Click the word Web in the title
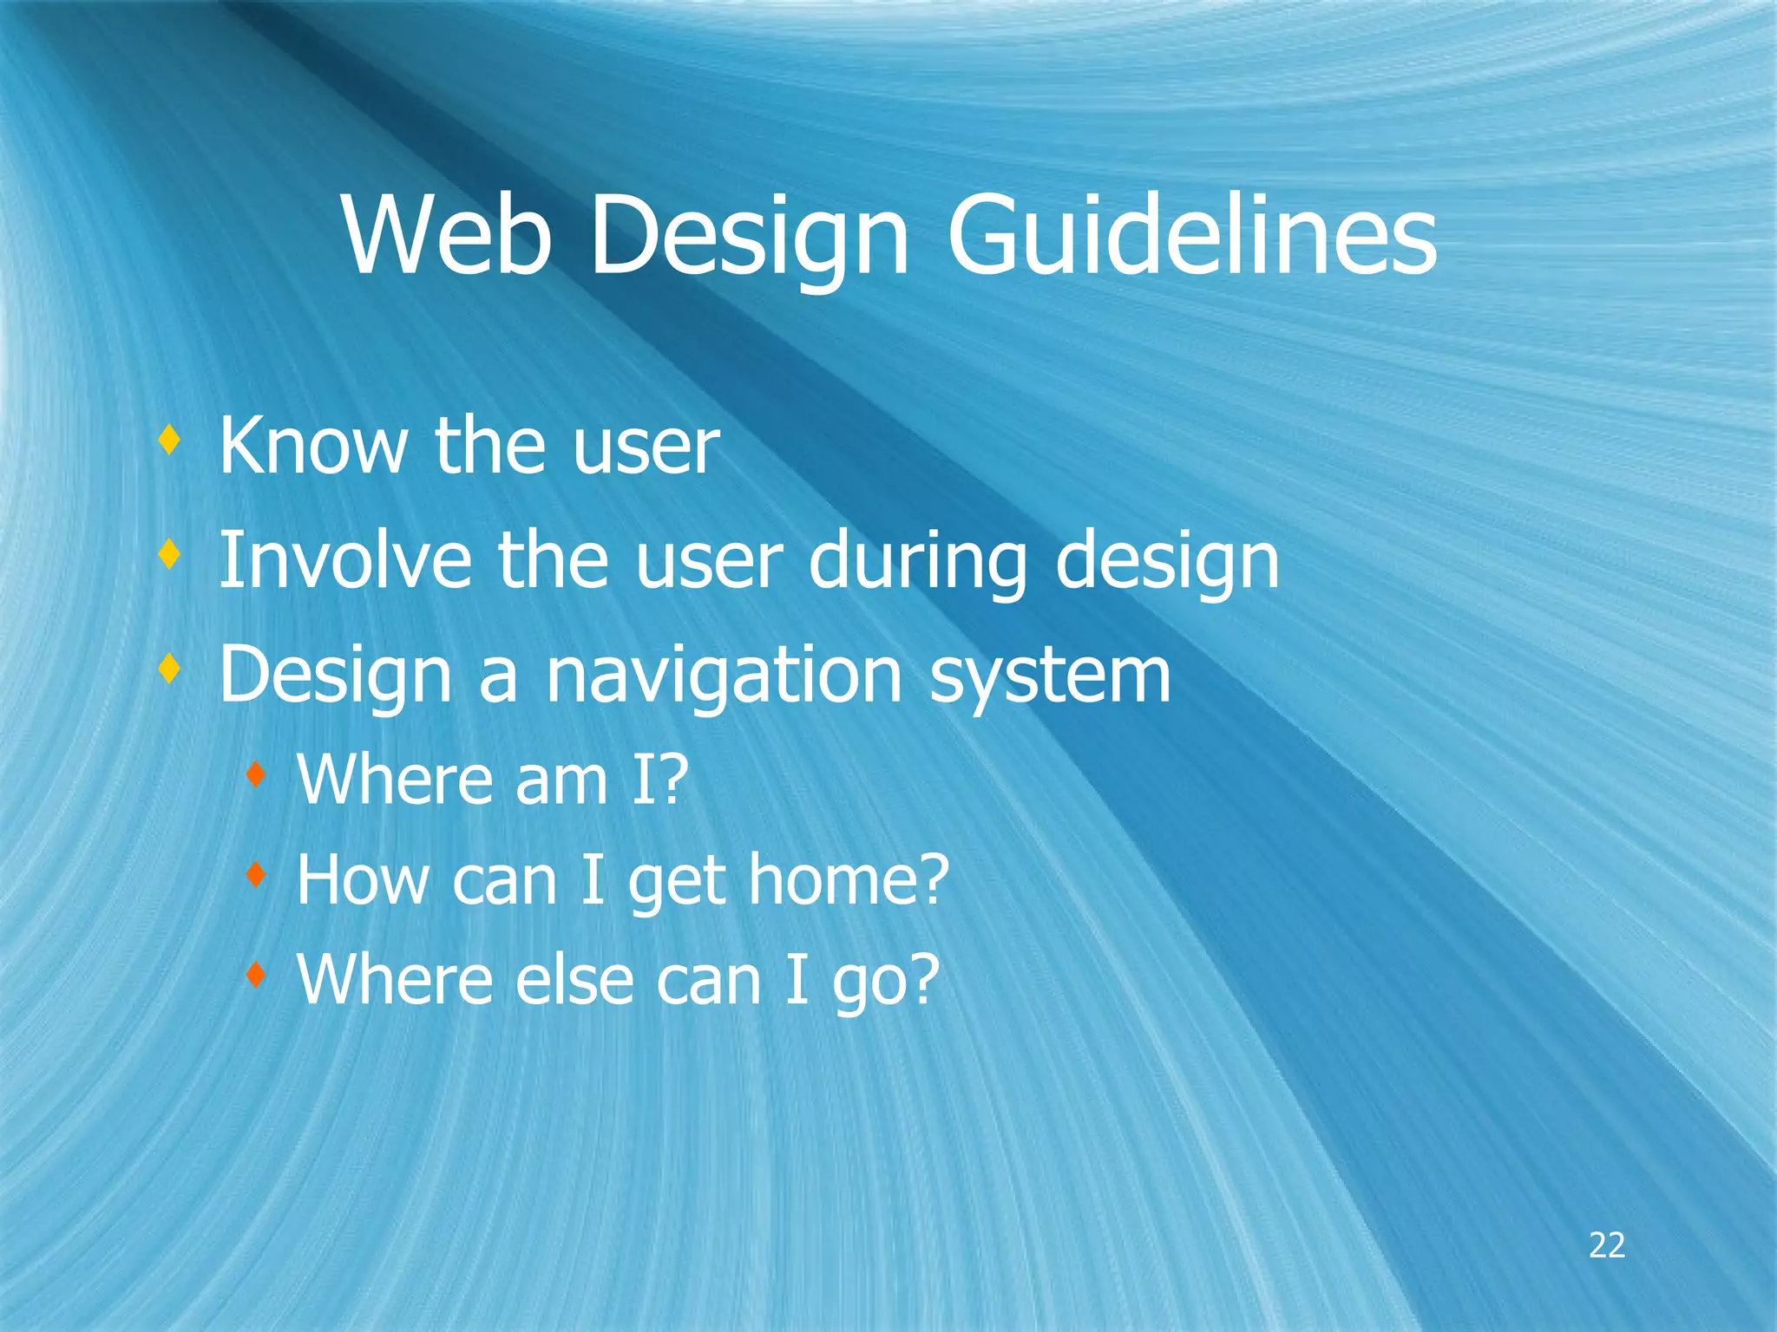(448, 236)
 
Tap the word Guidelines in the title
(1191, 236)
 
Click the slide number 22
(1607, 1245)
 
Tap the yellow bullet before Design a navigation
(169, 669)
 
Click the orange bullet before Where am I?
(254, 774)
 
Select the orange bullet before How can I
(254, 875)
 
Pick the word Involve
(345, 560)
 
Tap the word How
(363, 879)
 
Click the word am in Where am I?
(561, 780)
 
